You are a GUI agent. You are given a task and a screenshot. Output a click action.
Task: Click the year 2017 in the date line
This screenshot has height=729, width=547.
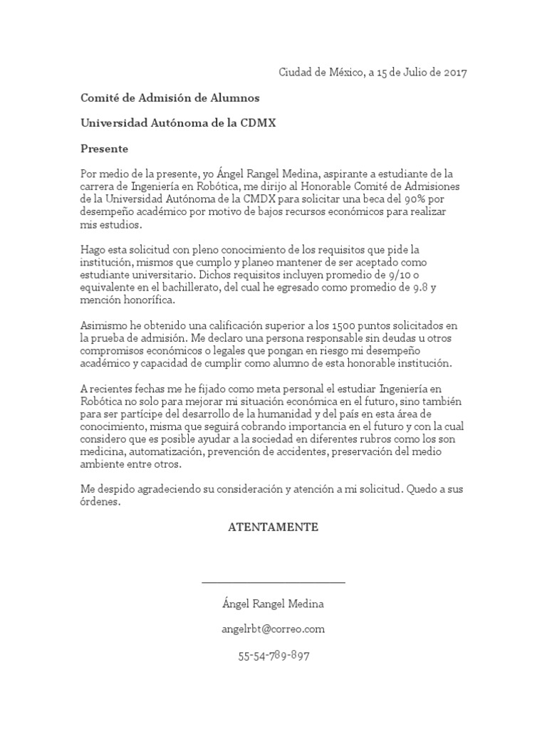(x=452, y=73)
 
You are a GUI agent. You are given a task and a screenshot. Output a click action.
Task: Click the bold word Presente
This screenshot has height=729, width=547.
(x=104, y=149)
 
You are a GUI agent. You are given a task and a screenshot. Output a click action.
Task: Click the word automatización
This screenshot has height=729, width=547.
(x=164, y=452)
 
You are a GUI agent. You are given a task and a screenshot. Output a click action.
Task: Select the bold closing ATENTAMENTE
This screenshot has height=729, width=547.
(x=273, y=528)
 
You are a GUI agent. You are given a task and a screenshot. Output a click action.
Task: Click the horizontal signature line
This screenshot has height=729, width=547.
(x=273, y=582)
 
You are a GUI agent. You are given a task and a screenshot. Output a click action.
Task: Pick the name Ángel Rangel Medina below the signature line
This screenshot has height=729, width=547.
(x=273, y=604)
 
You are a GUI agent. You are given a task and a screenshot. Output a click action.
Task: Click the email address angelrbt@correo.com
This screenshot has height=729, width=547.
(x=273, y=629)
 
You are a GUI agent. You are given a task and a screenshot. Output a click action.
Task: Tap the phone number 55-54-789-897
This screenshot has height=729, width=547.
(x=273, y=656)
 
